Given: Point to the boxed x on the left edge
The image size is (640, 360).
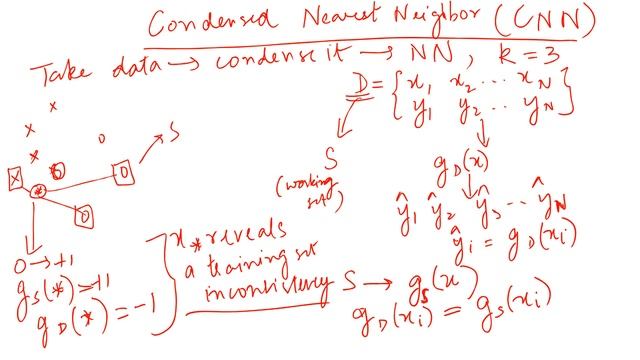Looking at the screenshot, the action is [14, 180].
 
